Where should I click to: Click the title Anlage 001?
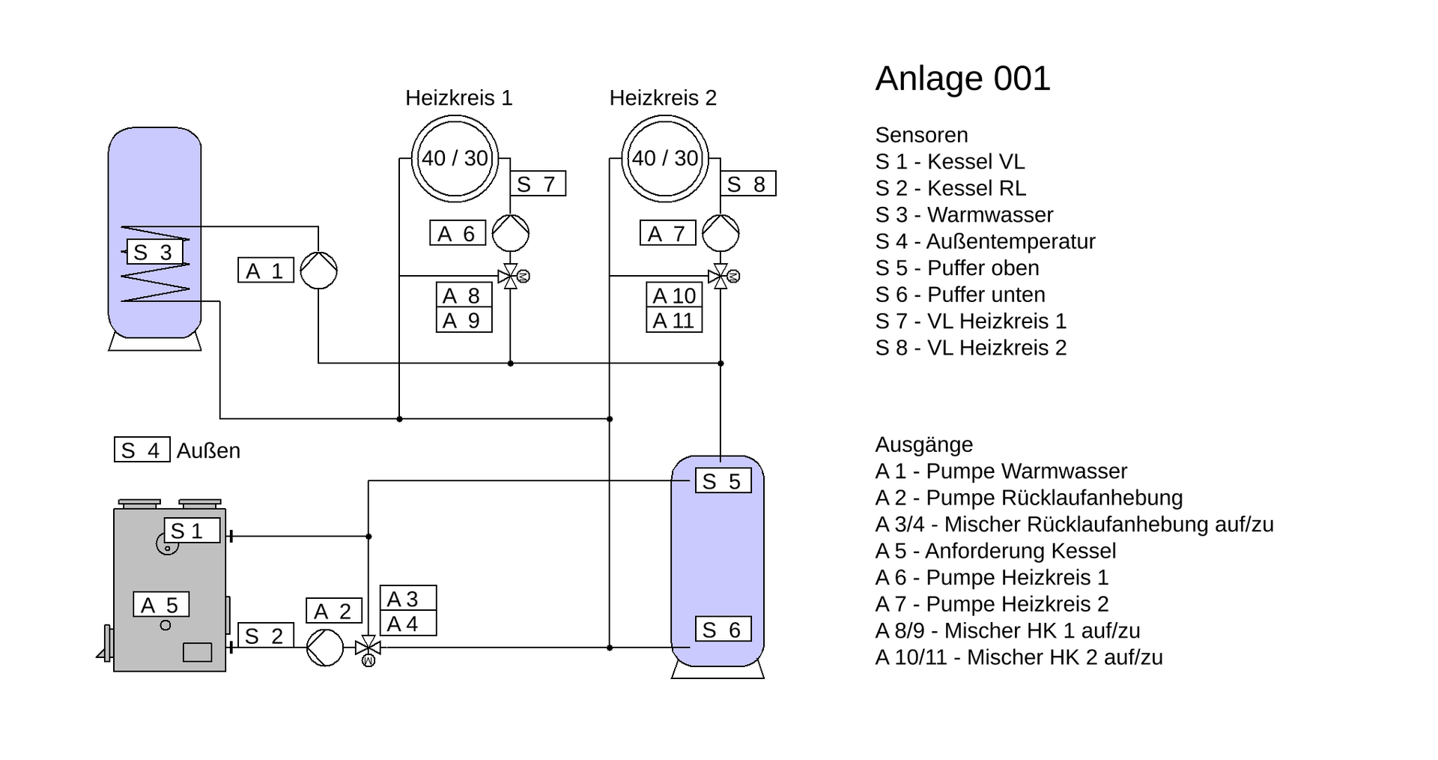coord(962,79)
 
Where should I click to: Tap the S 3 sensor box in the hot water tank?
coord(154,253)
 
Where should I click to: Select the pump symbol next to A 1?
coord(318,271)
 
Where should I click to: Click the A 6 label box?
coord(457,233)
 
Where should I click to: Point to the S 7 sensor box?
coord(537,184)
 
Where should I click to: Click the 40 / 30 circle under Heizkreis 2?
coord(665,158)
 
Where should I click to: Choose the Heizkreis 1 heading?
coord(458,98)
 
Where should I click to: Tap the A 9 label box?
coord(464,321)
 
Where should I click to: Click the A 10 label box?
coord(674,295)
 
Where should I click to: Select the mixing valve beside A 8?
coord(511,277)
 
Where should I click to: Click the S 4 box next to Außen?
coord(142,450)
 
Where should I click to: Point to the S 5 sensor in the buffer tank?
coord(722,481)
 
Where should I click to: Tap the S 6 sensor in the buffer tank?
coord(722,630)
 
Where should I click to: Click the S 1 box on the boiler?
coord(192,531)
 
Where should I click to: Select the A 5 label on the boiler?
coord(160,605)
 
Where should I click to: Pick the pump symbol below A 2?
coord(324,648)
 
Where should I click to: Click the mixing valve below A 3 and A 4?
coord(368,648)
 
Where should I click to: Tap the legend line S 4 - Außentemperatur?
coord(985,241)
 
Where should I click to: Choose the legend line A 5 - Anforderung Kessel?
coord(995,551)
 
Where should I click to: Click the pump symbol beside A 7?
coord(720,233)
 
